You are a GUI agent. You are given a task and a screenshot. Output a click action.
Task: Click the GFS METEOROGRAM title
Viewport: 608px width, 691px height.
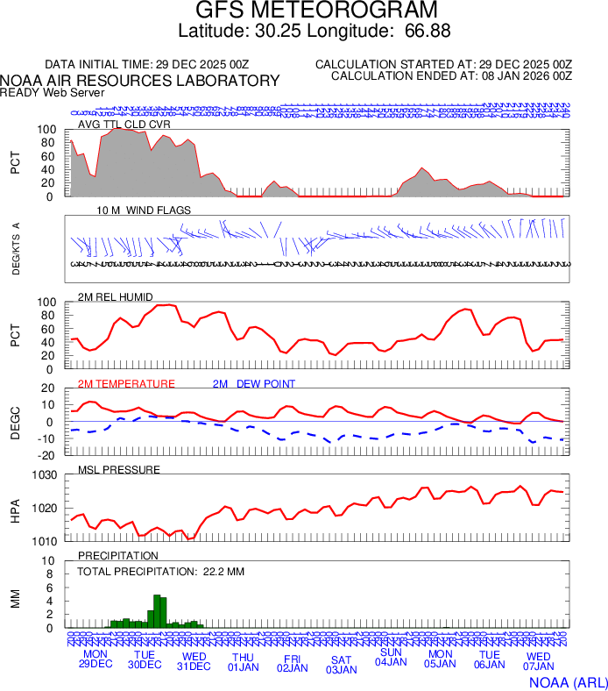[315, 11]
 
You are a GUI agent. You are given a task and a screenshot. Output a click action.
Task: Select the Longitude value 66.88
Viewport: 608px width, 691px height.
[428, 32]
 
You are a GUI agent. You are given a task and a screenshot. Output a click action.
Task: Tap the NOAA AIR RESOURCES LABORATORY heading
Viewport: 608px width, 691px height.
[140, 81]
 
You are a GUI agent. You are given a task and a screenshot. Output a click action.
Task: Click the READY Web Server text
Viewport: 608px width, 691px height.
[52, 93]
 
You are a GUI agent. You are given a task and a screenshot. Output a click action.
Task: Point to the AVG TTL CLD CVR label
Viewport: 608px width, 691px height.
[124, 124]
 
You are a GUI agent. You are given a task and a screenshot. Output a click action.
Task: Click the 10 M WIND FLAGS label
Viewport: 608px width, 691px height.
[144, 210]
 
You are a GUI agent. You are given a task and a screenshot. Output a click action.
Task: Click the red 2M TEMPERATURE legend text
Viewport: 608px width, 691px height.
[126, 383]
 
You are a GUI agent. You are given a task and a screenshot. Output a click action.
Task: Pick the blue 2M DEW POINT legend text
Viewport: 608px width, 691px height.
[253, 383]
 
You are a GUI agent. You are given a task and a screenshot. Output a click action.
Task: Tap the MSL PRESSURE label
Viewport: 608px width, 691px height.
[119, 470]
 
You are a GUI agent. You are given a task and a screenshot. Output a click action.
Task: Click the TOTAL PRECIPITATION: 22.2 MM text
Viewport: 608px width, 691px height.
[160, 572]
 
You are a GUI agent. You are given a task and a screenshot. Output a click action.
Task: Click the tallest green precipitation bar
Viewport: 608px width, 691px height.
[156, 611]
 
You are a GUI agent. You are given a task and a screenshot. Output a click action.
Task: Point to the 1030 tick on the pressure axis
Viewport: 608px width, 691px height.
[46, 475]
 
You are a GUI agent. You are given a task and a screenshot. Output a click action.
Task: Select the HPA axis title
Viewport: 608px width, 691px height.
[15, 509]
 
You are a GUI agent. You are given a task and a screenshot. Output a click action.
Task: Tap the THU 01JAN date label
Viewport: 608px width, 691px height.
[244, 663]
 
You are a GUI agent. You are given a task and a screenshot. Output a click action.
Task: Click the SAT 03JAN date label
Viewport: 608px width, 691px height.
[342, 665]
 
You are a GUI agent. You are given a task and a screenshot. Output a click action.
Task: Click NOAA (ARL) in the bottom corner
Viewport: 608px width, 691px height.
[568, 680]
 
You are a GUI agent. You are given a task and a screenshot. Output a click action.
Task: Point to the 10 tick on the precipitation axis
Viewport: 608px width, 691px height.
[51, 561]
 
